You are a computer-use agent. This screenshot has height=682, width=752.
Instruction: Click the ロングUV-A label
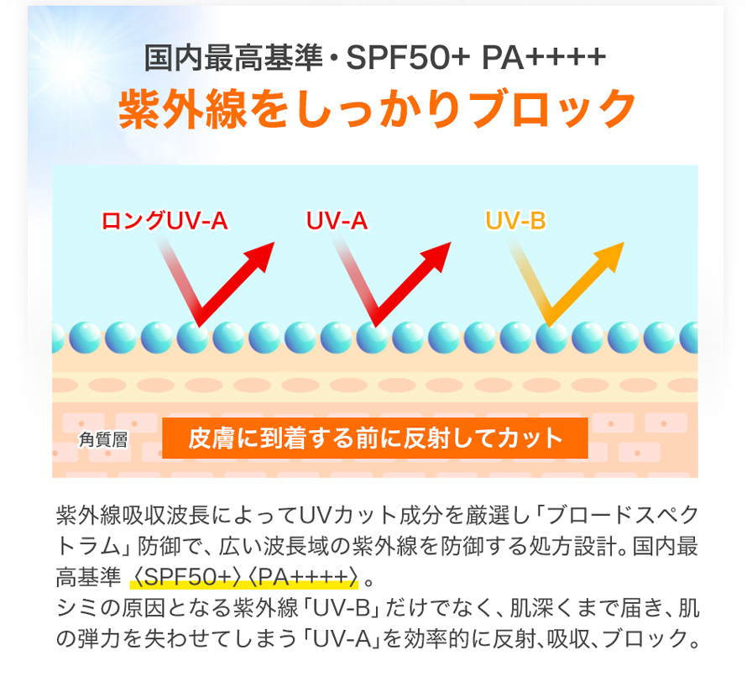point(164,221)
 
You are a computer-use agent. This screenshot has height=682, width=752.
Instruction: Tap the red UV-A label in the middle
point(337,221)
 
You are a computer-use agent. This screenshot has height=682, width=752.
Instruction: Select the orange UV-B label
point(515,221)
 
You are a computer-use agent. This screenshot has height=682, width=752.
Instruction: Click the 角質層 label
point(103,439)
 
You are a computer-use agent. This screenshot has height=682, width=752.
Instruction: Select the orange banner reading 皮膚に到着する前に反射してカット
point(375,438)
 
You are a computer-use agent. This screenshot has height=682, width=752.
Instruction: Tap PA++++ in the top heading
point(544,58)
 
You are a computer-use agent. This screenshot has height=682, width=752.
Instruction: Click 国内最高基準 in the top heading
point(233,58)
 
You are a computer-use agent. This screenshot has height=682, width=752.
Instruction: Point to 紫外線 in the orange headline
point(183,109)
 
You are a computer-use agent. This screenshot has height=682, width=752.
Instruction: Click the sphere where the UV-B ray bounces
point(551,338)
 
